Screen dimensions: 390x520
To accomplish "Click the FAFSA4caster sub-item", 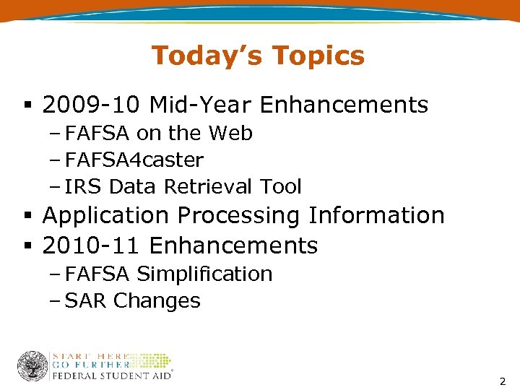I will coord(134,160).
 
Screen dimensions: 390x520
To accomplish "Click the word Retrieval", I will coord(196,186).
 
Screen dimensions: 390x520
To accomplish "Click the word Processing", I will coord(240,215).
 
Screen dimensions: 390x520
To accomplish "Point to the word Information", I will coord(376,215).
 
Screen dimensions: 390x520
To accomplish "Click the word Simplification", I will coord(204,274).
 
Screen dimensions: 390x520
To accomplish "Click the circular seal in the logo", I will coord(32,366).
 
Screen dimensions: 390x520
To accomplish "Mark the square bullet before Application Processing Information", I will coord(26,216).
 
